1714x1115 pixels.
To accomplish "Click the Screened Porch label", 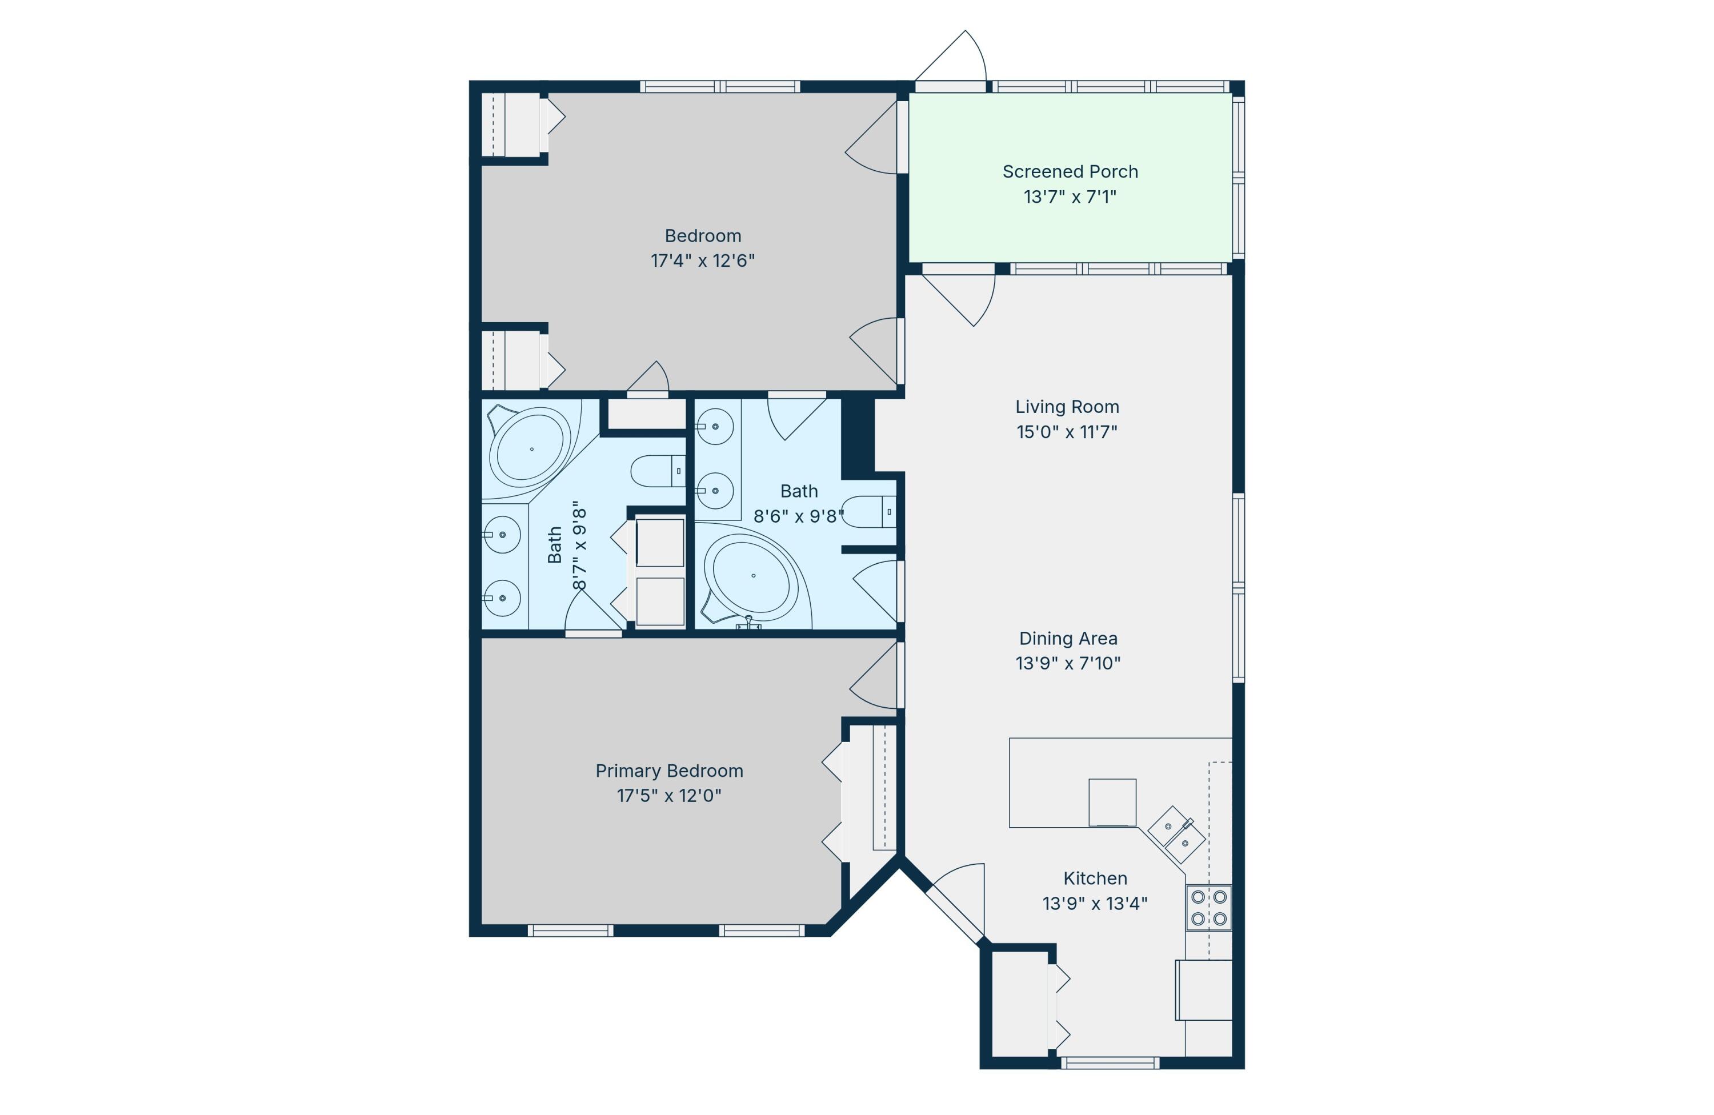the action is tap(1070, 172).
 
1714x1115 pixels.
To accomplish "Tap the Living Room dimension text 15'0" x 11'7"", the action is tap(1067, 432).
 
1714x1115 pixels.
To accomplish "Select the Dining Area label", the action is tap(1068, 639).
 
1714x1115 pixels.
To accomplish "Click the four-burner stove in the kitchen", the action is tap(1208, 908).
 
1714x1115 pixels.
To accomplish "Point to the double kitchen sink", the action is tap(1176, 835).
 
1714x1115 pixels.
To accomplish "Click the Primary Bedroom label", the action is tap(669, 771).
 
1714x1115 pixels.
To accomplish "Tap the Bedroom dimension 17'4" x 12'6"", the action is tap(703, 260).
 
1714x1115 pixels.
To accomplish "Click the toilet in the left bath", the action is tap(658, 471).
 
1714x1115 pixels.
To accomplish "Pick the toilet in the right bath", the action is tap(868, 512).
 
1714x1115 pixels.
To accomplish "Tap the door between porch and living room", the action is tap(959, 295).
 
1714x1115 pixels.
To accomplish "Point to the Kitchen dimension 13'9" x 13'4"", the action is tap(1095, 904).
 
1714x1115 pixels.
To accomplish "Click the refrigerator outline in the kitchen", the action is tap(1203, 990).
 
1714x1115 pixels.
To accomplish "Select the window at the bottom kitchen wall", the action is tap(1111, 1062).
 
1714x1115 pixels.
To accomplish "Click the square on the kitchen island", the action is tap(1112, 802).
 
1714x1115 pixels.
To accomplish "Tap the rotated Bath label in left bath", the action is tap(555, 545).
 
